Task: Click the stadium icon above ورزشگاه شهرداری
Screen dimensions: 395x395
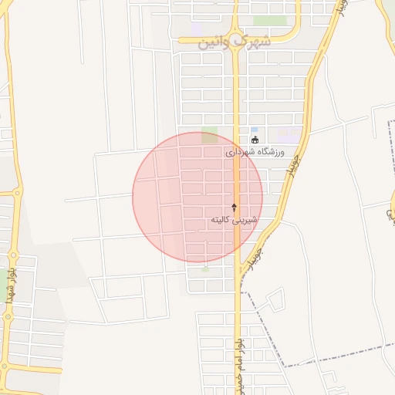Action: pyautogui.click(x=255, y=140)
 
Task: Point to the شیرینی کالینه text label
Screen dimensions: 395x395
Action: pyautogui.click(x=235, y=220)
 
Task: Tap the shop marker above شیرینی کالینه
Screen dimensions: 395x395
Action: pyautogui.click(x=235, y=208)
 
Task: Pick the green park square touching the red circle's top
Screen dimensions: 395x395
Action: pyautogui.click(x=209, y=136)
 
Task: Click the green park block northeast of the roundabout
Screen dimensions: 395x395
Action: pyautogui.click(x=270, y=21)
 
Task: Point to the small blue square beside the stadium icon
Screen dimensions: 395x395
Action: pyautogui.click(x=254, y=130)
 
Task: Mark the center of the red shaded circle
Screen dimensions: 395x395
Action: pyautogui.click(x=197, y=197)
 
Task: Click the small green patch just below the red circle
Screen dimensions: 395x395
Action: pyautogui.click(x=204, y=269)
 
